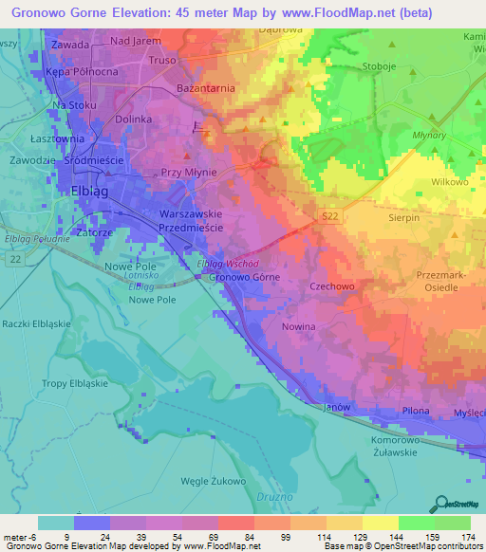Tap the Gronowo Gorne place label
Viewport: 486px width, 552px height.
point(241,277)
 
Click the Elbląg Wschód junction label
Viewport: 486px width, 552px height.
point(228,264)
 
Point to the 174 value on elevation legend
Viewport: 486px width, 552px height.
point(466,538)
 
